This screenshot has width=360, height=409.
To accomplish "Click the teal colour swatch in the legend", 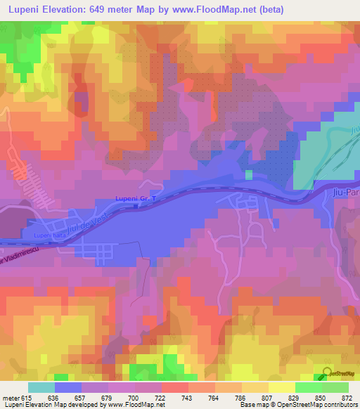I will [x=41, y=387].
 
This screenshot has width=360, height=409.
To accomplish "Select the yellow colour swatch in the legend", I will [x=281, y=387].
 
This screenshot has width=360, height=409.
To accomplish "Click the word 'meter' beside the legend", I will [x=8, y=397].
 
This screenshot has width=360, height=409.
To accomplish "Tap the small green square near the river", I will [x=249, y=174].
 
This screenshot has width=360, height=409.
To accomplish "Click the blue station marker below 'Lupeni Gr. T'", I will [x=135, y=207].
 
